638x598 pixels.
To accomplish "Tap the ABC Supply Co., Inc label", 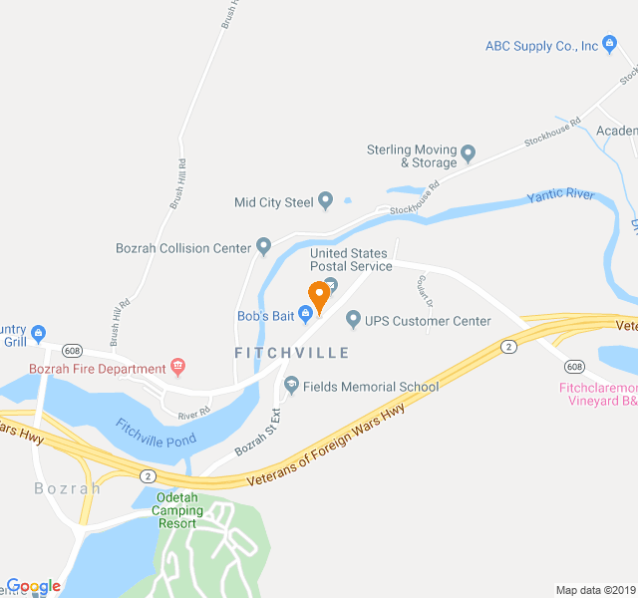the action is click(x=541, y=46).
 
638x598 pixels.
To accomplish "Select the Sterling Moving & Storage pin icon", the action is click(x=468, y=155).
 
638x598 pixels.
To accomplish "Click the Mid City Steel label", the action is click(x=273, y=202).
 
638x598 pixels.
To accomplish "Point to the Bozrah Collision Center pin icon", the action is click(x=263, y=246).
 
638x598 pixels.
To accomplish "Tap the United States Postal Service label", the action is click(x=351, y=259).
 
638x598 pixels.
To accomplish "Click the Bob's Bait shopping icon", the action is click(x=306, y=316).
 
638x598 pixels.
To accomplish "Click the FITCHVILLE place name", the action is click(x=292, y=353).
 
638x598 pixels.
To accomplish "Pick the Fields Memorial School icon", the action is click(x=291, y=386).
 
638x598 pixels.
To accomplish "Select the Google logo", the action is click(x=33, y=586).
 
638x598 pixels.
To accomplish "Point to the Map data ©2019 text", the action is click(x=596, y=590).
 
